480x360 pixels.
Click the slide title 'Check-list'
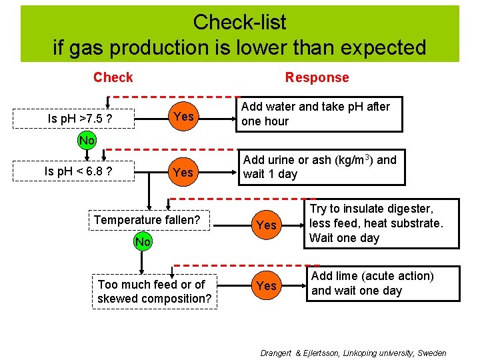coord(239,22)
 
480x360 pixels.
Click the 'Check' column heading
coord(113,77)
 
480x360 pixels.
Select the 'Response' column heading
coord(317,77)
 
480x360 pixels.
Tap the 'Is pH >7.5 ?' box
coord(79,119)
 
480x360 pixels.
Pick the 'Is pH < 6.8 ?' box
coord(78,171)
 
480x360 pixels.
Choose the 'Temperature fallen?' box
coord(147,220)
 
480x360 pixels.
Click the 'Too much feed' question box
coord(154,291)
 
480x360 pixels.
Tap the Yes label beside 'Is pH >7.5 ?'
coord(183,117)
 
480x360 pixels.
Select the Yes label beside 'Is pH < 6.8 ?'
coord(183,173)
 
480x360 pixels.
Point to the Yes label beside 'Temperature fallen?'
coord(266,225)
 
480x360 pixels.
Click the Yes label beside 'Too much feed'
coord(266,285)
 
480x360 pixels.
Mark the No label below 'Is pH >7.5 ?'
coord(86,141)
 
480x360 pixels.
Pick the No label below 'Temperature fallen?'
coord(143,241)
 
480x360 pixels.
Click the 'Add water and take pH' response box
coord(321,114)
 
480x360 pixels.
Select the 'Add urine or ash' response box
coord(321,167)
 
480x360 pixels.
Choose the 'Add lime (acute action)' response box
coord(382,283)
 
